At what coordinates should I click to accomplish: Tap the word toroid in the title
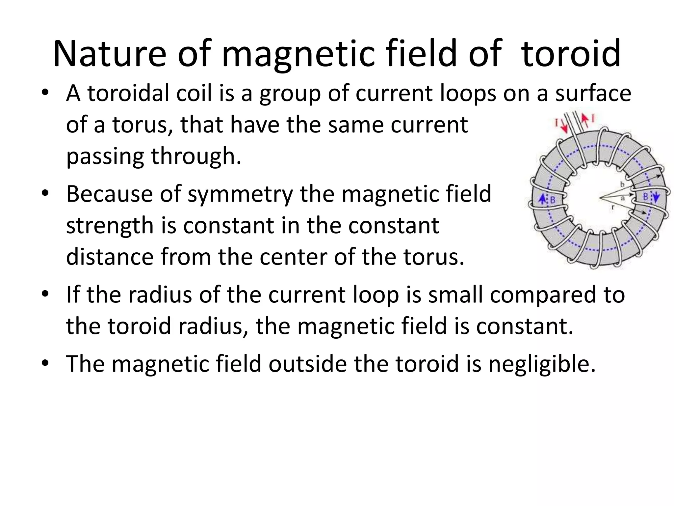[571, 54]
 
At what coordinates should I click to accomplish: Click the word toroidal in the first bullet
[128, 94]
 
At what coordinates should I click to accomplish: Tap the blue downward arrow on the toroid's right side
[656, 198]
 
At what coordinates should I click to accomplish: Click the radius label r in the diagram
[612, 208]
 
